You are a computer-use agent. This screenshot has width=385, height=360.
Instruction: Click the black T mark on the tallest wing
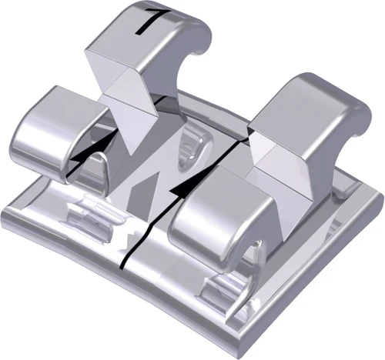pos(143,21)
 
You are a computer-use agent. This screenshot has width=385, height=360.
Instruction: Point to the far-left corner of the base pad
pos(6,202)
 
